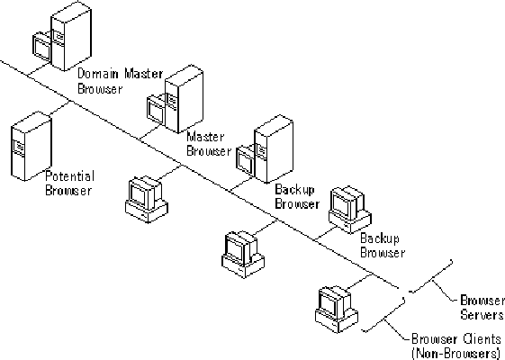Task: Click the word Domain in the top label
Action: pyautogui.click(x=98, y=74)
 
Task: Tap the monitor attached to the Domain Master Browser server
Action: pyautogui.click(x=42, y=48)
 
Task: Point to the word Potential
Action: pyautogui.click(x=70, y=176)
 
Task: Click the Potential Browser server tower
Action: pyautogui.click(x=32, y=146)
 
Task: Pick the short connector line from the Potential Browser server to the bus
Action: pyautogui.click(x=59, y=108)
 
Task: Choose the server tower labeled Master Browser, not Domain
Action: pyautogui.click(x=184, y=99)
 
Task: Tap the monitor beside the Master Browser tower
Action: pyautogui.click(x=156, y=110)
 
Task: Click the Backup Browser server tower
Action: pyautogui.click(x=274, y=149)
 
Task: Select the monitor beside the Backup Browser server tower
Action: pyautogui.click(x=246, y=161)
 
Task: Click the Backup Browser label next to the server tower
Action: pyautogui.click(x=297, y=197)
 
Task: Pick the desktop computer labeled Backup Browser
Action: pyautogui.click(x=350, y=210)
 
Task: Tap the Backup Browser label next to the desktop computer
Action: pyautogui.click(x=383, y=246)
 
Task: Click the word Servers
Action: pyautogui.click(x=482, y=314)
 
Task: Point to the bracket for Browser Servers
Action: pyautogui.click(x=432, y=278)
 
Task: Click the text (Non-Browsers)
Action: pyautogui.click(x=456, y=353)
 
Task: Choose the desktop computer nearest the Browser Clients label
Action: pyautogui.click(x=337, y=309)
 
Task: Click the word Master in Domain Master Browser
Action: pyautogui.click(x=144, y=74)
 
